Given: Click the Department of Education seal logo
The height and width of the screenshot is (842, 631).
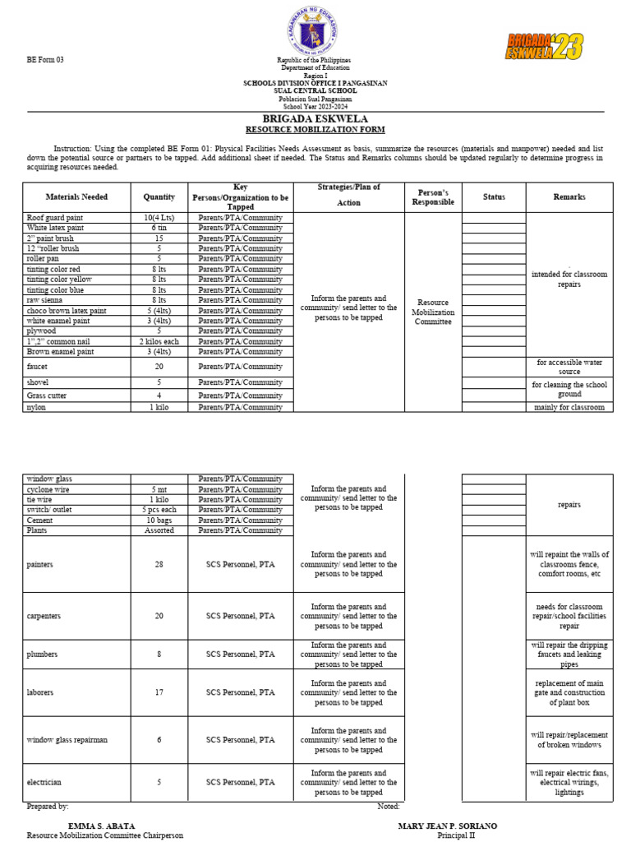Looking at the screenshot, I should [x=316, y=32].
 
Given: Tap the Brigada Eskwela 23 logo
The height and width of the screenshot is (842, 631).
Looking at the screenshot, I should [x=544, y=47].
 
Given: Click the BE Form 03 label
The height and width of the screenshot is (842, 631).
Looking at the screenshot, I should [x=44, y=60].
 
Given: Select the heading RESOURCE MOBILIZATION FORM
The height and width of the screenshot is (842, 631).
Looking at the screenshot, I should [x=316, y=130].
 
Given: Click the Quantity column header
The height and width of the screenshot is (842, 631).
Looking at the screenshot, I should [x=159, y=197].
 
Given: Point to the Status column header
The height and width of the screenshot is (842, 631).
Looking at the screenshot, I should [x=494, y=197].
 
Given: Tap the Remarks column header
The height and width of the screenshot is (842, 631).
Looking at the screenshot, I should [x=569, y=197].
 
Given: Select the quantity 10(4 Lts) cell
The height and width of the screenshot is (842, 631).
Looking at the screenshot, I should [x=159, y=217].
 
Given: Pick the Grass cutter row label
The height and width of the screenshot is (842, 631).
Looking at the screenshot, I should [x=48, y=396].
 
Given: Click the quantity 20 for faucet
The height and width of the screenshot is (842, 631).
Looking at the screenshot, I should [x=159, y=367].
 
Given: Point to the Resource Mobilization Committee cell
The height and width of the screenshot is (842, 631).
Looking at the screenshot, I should [x=432, y=312].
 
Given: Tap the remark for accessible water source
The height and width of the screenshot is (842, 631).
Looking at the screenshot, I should [x=569, y=367].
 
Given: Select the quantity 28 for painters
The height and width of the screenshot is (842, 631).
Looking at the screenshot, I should [x=159, y=565].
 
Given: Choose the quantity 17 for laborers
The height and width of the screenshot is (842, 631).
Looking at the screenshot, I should [x=159, y=693].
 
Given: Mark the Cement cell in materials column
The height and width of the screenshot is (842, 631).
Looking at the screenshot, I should [x=40, y=520].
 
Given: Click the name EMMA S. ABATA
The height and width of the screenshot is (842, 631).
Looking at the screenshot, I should [x=101, y=826].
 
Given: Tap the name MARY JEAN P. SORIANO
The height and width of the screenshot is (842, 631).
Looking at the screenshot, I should [x=447, y=826].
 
